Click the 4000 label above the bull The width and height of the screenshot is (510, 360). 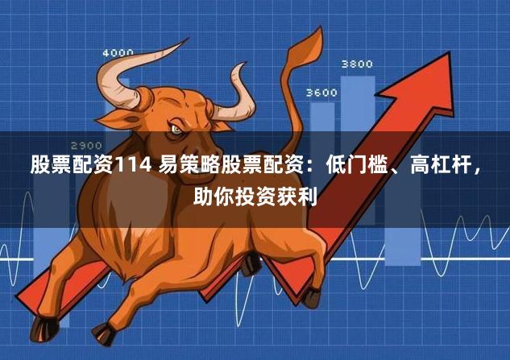coord(118,53)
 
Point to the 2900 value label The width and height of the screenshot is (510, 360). coord(86,145)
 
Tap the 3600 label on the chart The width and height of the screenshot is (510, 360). coord(321,93)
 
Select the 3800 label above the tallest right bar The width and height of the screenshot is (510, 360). coord(357,64)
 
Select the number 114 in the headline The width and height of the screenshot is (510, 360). coord(131,167)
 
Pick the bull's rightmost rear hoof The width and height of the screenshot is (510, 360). coord(311,298)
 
